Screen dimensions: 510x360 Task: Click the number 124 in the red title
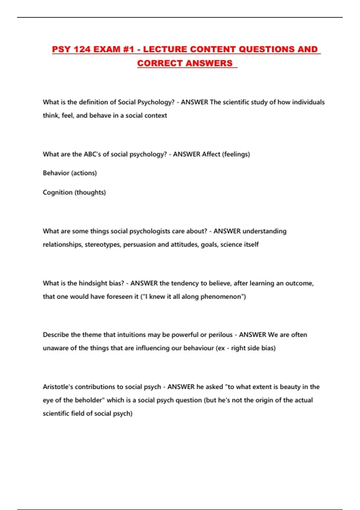(x=82, y=49)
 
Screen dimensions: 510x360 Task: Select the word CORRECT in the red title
(x=160, y=63)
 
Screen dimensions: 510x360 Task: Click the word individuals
(x=308, y=102)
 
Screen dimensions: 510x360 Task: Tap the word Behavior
(x=56, y=173)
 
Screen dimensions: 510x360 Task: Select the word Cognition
(x=57, y=192)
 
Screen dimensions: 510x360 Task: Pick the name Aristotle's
(x=58, y=387)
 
